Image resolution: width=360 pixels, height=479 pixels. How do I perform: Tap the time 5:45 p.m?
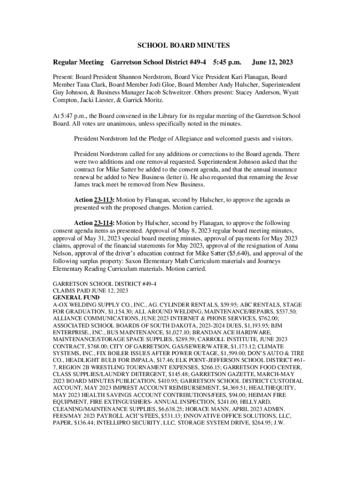tap(227, 62)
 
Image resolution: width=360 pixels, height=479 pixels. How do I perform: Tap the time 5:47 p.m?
tap(70, 116)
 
